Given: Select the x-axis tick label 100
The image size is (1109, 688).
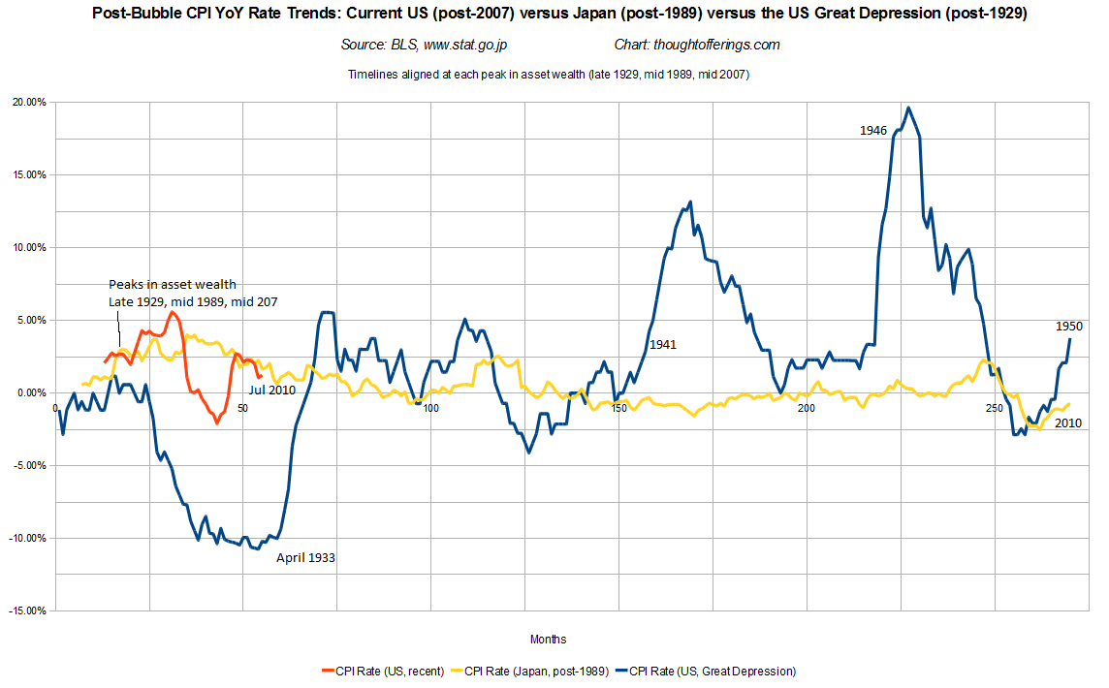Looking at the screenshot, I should tap(430, 408).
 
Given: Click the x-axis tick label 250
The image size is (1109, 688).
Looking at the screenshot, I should tap(995, 408).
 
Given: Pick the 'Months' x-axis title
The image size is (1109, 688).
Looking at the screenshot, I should tap(548, 640).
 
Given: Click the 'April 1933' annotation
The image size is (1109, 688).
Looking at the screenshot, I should tap(305, 558).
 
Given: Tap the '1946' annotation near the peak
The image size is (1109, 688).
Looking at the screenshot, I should tap(873, 130).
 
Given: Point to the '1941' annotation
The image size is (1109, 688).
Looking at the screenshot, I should tap(663, 344).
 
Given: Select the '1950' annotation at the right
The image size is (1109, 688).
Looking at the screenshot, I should tap(1068, 327).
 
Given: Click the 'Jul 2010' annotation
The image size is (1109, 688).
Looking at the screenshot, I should tap(271, 390).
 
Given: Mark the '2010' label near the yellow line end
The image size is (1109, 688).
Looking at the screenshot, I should tap(1068, 423).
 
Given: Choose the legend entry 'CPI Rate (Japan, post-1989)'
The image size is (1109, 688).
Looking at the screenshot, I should tap(532, 671).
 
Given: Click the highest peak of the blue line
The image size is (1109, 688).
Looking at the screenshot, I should tap(907, 108).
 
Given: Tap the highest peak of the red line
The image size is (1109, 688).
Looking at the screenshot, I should tap(171, 312).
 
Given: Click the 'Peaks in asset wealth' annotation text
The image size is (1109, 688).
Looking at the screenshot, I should tap(172, 284).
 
